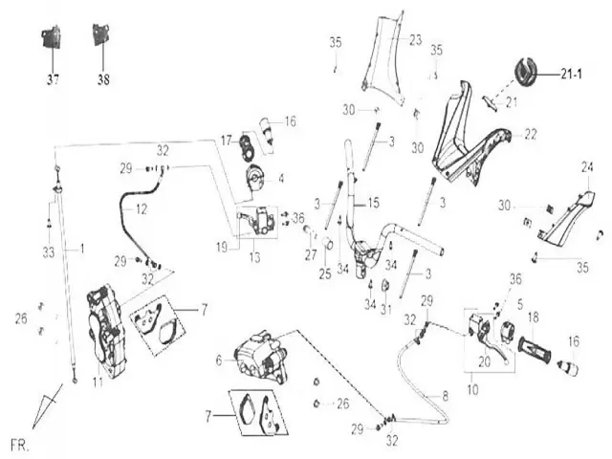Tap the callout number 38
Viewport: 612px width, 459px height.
click(103, 81)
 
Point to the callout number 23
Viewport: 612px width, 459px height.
click(415, 40)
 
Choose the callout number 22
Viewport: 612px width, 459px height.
click(531, 136)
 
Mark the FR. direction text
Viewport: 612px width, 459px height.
click(18, 446)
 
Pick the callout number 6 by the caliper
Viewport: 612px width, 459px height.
click(219, 359)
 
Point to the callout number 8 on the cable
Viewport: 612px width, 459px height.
click(443, 394)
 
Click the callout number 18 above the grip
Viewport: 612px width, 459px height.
click(534, 317)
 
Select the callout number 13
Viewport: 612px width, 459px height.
click(253, 258)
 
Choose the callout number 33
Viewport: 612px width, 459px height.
click(49, 252)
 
